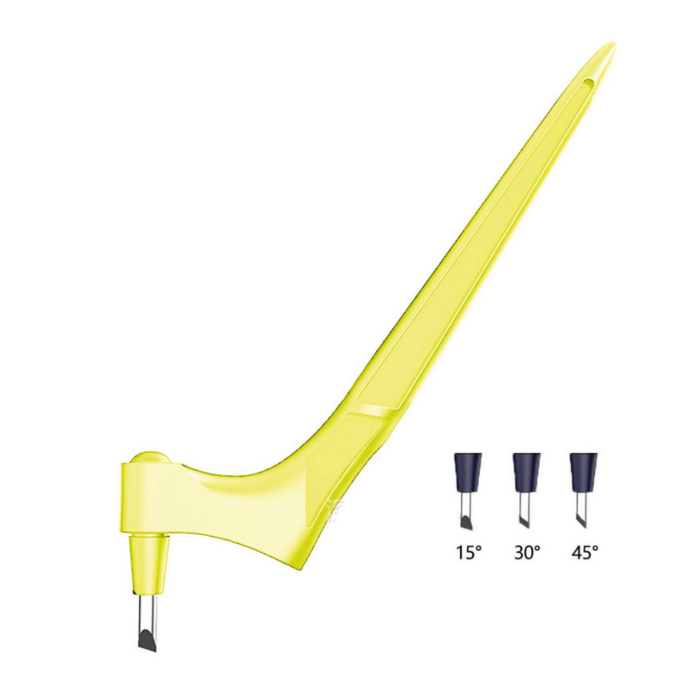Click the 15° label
468,552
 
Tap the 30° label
527,552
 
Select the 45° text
585,552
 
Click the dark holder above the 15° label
468,472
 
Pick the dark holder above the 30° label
526,472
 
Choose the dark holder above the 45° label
583,472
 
